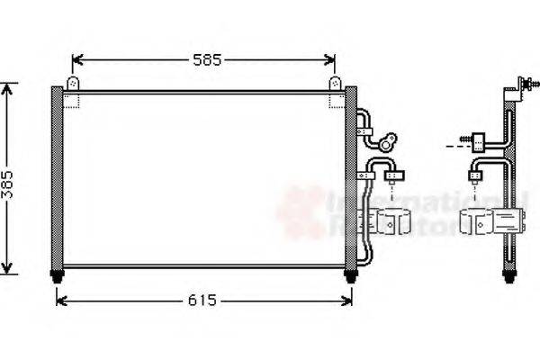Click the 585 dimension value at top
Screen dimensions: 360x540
(x=206, y=60)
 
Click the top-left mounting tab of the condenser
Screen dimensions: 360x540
(x=73, y=83)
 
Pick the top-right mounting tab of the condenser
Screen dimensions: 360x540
(x=335, y=83)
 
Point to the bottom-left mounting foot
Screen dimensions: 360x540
(x=59, y=274)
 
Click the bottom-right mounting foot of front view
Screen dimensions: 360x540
(x=350, y=274)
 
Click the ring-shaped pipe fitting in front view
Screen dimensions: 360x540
(x=389, y=141)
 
